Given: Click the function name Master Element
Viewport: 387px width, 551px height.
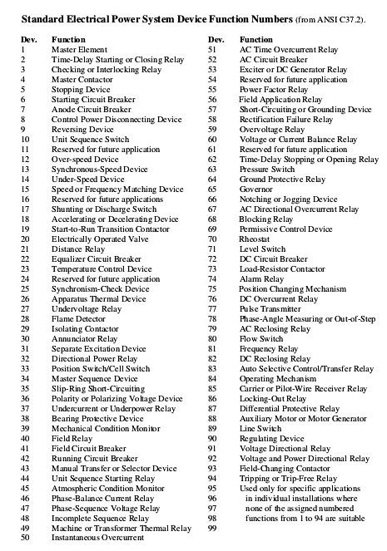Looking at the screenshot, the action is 80,50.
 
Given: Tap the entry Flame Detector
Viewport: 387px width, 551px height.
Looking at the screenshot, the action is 79,319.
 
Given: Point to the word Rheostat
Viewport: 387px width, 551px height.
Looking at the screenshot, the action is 256,239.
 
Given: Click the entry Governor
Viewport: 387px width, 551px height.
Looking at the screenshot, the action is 256,189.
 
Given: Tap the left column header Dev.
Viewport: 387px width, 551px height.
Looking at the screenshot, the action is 26,39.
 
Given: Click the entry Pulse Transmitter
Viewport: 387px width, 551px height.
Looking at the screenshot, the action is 270,308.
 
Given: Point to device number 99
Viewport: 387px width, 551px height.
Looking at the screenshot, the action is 213,528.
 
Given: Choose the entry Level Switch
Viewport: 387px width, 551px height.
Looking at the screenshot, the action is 264,248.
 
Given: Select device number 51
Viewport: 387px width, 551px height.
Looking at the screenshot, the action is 213,50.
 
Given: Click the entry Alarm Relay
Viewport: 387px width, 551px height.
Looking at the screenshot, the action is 261,278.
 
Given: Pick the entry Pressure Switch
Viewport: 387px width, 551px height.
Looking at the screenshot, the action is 267,169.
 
